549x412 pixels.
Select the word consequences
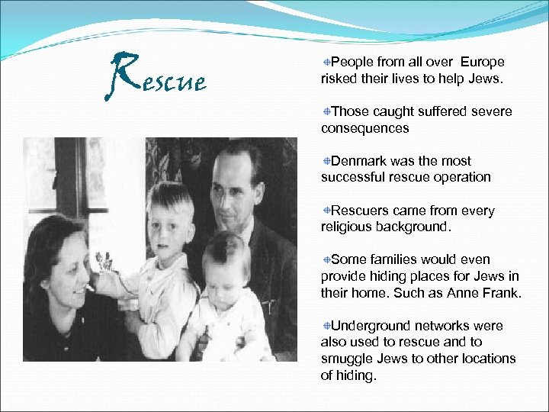[364, 128]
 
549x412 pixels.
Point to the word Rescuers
[361, 211]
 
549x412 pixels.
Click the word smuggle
[345, 359]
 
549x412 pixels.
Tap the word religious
[347, 227]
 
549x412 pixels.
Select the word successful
[351, 177]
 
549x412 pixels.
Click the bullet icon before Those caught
[326, 111]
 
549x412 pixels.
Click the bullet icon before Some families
[326, 260]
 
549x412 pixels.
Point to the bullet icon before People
[326, 62]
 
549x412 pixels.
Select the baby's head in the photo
[227, 264]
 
